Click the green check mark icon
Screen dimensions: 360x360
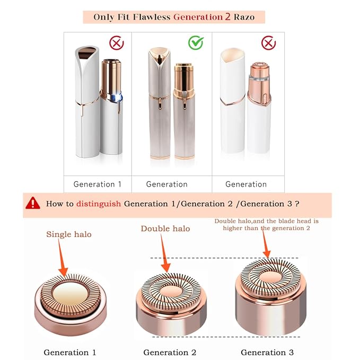pyautogui.click(x=196, y=43)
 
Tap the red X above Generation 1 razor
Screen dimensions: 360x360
pyautogui.click(x=117, y=43)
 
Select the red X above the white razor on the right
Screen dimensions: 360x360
pyautogui.click(x=268, y=43)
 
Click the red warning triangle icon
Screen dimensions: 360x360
pyautogui.click(x=33, y=203)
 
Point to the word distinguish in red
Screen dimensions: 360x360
pyautogui.click(x=99, y=204)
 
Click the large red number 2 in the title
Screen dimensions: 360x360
pyautogui.click(x=227, y=16)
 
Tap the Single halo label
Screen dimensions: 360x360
pyautogui.click(x=69, y=234)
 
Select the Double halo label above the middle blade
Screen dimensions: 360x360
pyautogui.click(x=165, y=229)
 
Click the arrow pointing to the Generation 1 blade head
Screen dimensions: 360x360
pyautogui.click(x=62, y=258)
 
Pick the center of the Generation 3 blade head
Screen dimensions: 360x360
pyautogui.click(x=271, y=277)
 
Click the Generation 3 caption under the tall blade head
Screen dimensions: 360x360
pyautogui.click(x=267, y=352)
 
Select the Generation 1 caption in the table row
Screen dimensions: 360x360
pyautogui.click(x=98, y=184)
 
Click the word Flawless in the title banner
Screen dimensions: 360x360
pyautogui.click(x=152, y=17)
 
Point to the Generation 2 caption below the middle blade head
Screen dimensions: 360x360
pyautogui.click(x=170, y=352)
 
